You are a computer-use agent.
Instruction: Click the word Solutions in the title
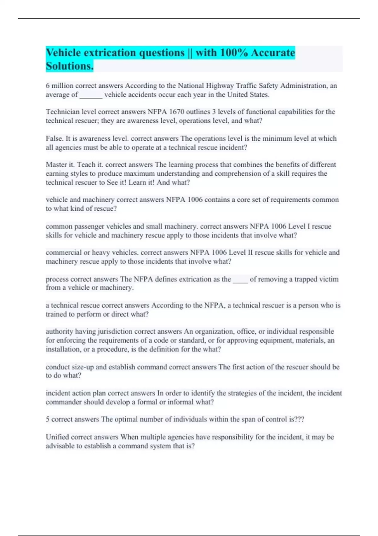click(69, 66)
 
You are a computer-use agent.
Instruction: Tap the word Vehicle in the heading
click(63, 53)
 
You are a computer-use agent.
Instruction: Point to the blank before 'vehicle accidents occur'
click(91, 95)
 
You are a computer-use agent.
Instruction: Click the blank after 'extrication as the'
click(240, 279)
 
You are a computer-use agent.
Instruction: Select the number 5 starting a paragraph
click(48, 419)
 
